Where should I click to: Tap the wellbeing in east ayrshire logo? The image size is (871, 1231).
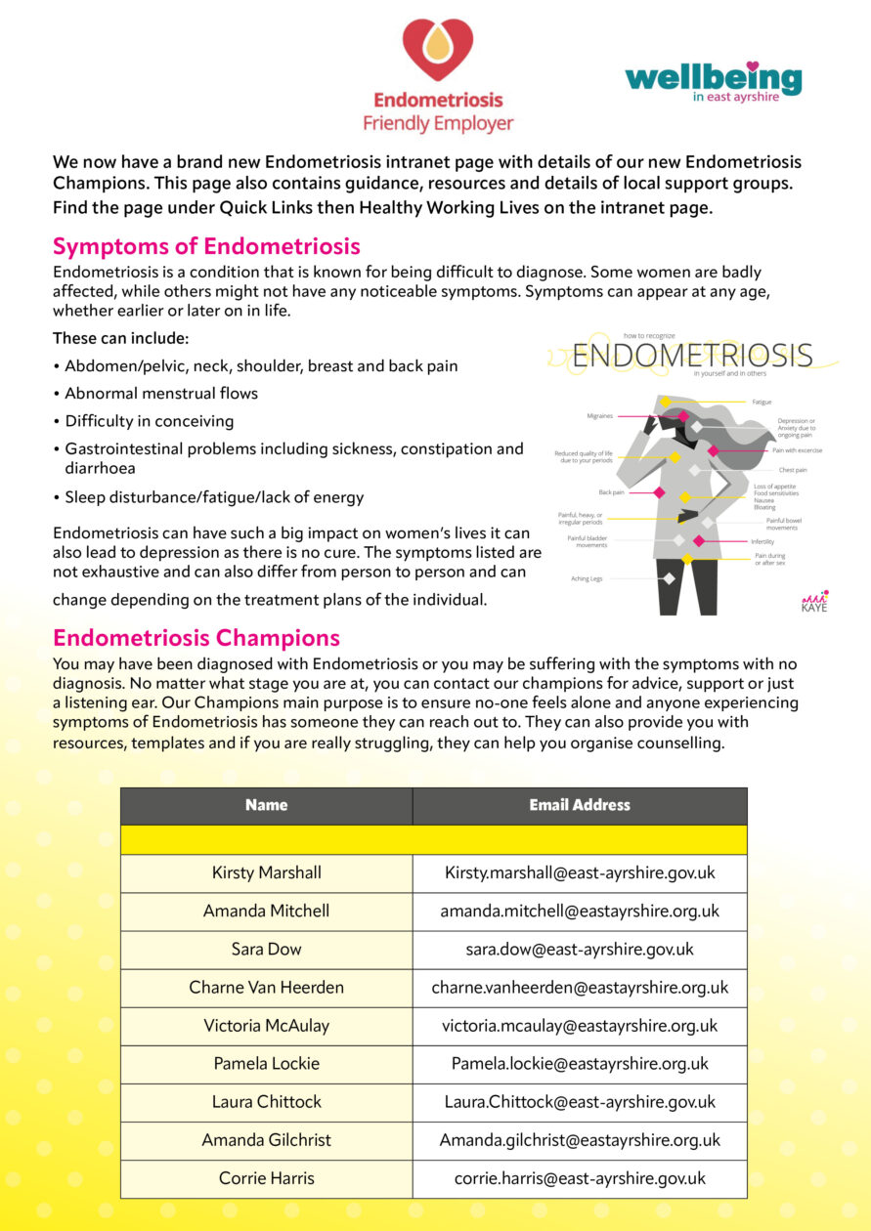(x=713, y=82)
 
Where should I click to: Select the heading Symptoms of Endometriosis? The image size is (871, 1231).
(x=206, y=245)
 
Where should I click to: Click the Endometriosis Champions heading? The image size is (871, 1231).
(x=196, y=638)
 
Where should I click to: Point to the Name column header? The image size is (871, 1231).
(x=266, y=805)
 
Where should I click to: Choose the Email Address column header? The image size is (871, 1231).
(x=580, y=805)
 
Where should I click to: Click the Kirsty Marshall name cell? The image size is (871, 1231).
(x=266, y=872)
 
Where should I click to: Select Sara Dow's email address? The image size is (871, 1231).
(x=580, y=949)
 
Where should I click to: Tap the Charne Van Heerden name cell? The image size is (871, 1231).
(x=266, y=987)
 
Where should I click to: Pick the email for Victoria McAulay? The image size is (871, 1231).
(x=580, y=1025)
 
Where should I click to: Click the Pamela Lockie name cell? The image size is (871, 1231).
(x=266, y=1063)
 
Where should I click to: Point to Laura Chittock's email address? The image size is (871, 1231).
(x=580, y=1101)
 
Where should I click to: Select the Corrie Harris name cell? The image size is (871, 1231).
(x=266, y=1177)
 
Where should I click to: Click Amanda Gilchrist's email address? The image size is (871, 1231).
(x=580, y=1139)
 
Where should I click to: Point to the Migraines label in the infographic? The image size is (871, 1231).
(x=600, y=415)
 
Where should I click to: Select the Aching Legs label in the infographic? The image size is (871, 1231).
(x=587, y=578)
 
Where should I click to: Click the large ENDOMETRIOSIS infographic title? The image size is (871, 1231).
(x=692, y=355)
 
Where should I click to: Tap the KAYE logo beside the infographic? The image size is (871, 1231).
(x=813, y=601)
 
